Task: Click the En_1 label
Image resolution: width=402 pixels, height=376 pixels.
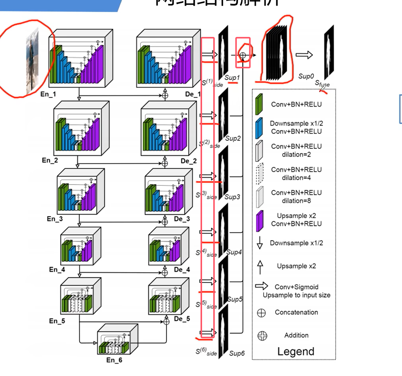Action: (x=48, y=94)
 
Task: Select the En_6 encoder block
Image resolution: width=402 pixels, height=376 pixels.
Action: (x=117, y=339)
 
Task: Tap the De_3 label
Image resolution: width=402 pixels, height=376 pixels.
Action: (x=182, y=219)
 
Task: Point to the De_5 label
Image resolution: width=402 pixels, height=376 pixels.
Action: (x=182, y=319)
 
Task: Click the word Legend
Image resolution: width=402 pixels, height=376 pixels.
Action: (x=296, y=352)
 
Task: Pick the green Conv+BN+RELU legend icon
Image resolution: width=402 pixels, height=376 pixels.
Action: (x=259, y=105)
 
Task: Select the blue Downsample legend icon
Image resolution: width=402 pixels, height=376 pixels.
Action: (x=259, y=128)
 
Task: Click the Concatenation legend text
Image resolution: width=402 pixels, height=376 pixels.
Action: (x=296, y=312)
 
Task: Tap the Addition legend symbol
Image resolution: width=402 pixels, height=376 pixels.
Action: (x=262, y=336)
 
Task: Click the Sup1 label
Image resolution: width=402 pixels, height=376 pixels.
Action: (x=232, y=78)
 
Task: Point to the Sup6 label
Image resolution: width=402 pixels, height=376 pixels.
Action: (x=237, y=354)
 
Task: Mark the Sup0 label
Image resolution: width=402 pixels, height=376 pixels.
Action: (x=306, y=76)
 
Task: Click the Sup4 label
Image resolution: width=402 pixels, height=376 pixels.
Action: (x=234, y=252)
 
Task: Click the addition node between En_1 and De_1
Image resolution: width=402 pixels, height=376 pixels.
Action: (x=165, y=96)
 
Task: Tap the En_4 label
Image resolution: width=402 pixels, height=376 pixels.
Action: (x=57, y=270)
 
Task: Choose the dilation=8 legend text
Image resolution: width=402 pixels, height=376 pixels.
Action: (x=296, y=201)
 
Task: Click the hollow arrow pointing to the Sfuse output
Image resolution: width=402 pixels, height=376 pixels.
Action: (x=304, y=55)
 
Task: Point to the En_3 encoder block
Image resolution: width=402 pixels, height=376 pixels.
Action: (x=81, y=191)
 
